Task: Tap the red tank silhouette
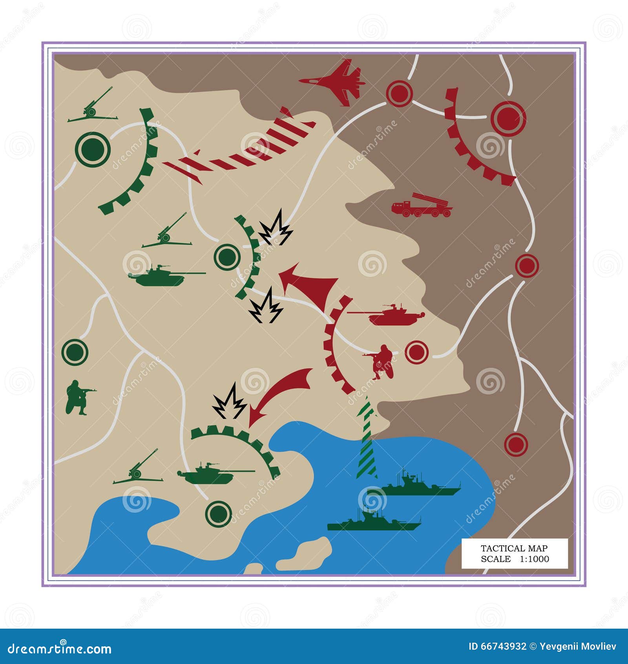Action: pyautogui.click(x=389, y=314)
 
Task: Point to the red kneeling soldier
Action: pyautogui.click(x=382, y=361)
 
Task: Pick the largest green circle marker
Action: pyautogui.click(x=93, y=149)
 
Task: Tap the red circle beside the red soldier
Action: pyautogui.click(x=416, y=352)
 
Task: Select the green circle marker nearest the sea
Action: pyautogui.click(x=218, y=513)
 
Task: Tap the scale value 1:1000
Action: pyautogui.click(x=535, y=559)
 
